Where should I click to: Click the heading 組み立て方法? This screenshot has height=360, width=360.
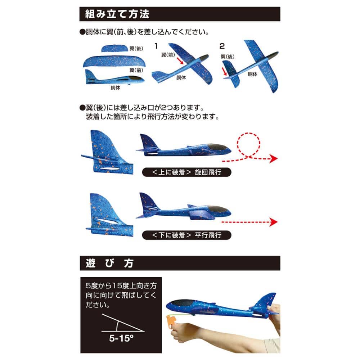coord(117,14)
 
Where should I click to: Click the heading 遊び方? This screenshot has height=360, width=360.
coord(109,263)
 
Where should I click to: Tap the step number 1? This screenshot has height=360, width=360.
coord(156,46)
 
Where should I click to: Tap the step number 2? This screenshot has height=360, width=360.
coord(222,46)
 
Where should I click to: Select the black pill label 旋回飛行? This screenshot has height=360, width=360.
coord(186,172)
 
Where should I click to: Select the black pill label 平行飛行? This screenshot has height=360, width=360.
coord(186,235)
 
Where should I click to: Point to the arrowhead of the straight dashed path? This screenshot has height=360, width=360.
coord(274,222)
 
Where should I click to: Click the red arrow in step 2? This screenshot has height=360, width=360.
coord(224,71)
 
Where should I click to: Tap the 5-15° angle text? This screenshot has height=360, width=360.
coord(121,338)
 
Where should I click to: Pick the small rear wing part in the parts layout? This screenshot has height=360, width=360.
coord(114,48)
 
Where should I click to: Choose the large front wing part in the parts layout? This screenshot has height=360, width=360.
coord(114,61)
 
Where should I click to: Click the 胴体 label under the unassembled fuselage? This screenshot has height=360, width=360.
coord(115,88)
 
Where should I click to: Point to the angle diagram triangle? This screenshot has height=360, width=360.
coord(123,323)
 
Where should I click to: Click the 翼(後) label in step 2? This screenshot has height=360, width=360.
coord(228,57)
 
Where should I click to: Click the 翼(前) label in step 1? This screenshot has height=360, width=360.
coord(168,55)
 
